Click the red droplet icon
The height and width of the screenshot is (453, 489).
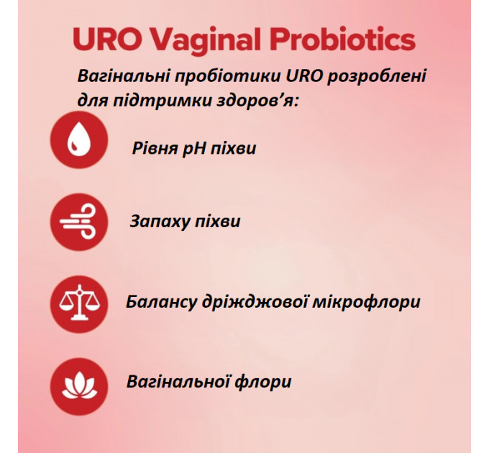point(78,140)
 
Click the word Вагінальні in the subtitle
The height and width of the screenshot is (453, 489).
point(119,76)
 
